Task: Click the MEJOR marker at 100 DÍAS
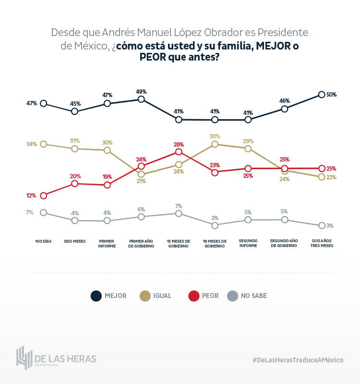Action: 44,103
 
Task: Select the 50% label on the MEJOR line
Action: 331,95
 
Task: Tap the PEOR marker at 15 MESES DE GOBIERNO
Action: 179,152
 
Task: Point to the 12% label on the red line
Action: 31,196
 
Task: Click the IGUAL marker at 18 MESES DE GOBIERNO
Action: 215,144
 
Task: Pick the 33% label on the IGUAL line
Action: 215,136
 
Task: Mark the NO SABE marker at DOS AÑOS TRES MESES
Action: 322,225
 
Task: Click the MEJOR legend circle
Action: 96,296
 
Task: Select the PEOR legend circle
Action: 193,296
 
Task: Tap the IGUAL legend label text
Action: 162,296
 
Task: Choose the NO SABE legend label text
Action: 254,296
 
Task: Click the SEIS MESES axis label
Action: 74,241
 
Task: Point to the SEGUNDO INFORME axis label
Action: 248,243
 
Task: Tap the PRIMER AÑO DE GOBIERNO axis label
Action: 141,243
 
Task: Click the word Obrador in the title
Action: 228,33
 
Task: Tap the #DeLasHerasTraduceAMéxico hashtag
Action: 298,359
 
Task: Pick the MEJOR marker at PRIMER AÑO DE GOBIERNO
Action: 141,99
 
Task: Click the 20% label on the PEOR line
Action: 75,176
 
